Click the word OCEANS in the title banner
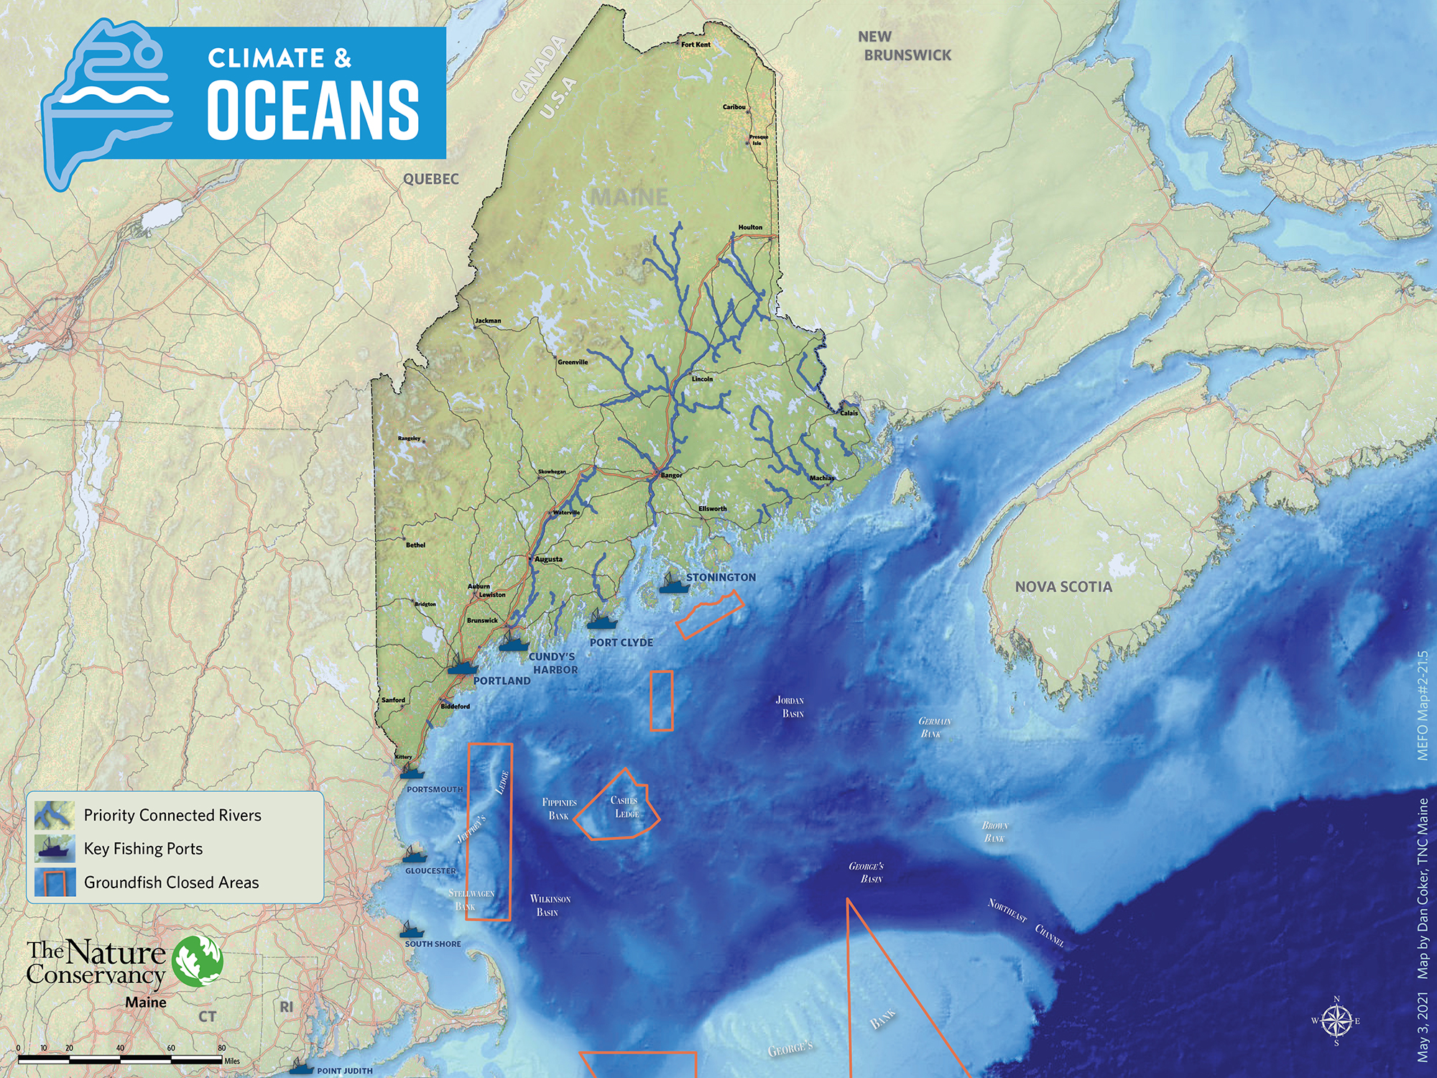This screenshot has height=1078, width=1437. point(313,109)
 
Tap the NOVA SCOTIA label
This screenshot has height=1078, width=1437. point(1063,586)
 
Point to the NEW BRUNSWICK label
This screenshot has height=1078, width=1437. point(904,46)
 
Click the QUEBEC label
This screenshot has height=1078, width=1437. point(430,179)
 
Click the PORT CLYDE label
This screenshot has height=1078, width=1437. point(621,642)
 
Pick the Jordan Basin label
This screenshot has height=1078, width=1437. point(791,706)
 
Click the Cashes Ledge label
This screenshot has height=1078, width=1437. point(625,806)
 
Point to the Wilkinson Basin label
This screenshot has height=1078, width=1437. point(550,906)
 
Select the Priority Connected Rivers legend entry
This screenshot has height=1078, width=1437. point(172,815)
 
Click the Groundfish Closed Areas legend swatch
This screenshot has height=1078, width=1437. point(55,882)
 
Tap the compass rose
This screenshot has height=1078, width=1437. point(1336,1021)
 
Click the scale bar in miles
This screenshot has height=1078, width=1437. point(119,1059)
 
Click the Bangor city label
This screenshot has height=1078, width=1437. point(671,475)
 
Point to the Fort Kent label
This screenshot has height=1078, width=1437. point(696,45)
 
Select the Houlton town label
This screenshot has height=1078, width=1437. point(749,227)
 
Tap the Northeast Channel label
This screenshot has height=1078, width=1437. point(1025,922)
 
